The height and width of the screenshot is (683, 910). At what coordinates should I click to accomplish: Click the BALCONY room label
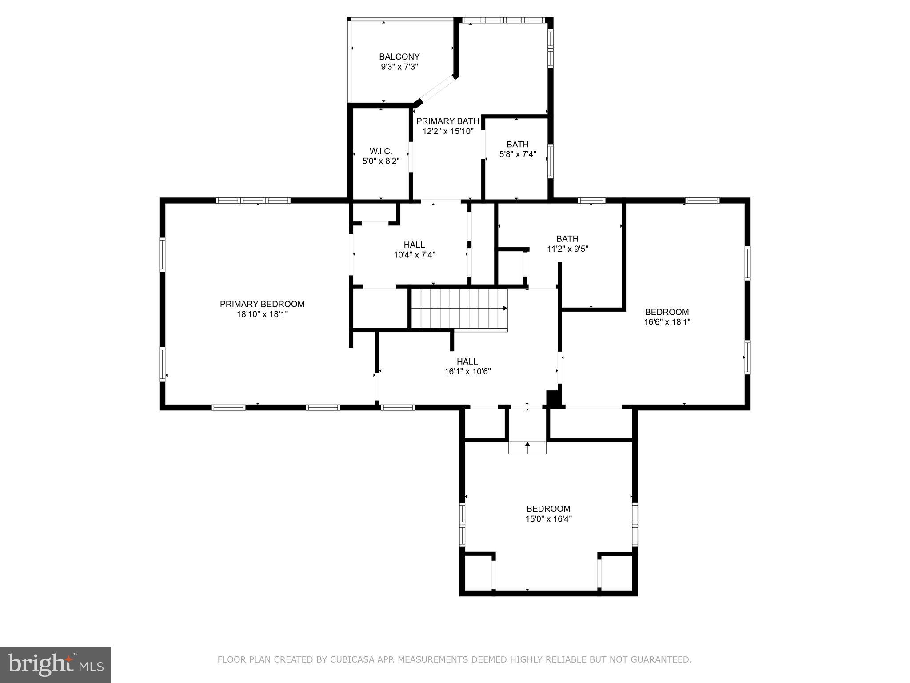[399, 56]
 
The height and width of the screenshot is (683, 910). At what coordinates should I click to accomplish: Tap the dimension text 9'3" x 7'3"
[399, 67]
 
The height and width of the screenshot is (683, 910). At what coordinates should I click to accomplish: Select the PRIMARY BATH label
[447, 121]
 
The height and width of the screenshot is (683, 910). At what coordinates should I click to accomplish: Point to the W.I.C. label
[381, 151]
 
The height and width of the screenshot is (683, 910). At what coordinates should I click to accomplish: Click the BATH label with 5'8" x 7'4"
[518, 144]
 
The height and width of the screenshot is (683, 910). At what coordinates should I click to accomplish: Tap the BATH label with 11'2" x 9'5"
[567, 239]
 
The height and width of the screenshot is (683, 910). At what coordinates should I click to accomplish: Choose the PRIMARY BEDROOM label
[262, 304]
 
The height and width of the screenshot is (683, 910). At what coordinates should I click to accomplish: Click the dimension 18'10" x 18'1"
[262, 314]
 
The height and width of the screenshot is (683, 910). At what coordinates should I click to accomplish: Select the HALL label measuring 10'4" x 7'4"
[414, 245]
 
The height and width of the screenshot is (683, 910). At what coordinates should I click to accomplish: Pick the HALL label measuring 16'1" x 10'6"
[467, 362]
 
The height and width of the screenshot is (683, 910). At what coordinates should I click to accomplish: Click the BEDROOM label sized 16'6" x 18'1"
[667, 312]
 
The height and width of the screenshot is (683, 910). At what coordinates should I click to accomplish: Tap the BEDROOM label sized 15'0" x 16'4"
[548, 509]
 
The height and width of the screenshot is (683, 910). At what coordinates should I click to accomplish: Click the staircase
[458, 309]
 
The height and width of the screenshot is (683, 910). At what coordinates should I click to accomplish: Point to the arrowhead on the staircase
[505, 308]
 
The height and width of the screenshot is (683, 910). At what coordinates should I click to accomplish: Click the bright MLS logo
[55, 665]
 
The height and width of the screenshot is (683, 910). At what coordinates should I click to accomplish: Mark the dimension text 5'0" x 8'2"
[381, 161]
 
